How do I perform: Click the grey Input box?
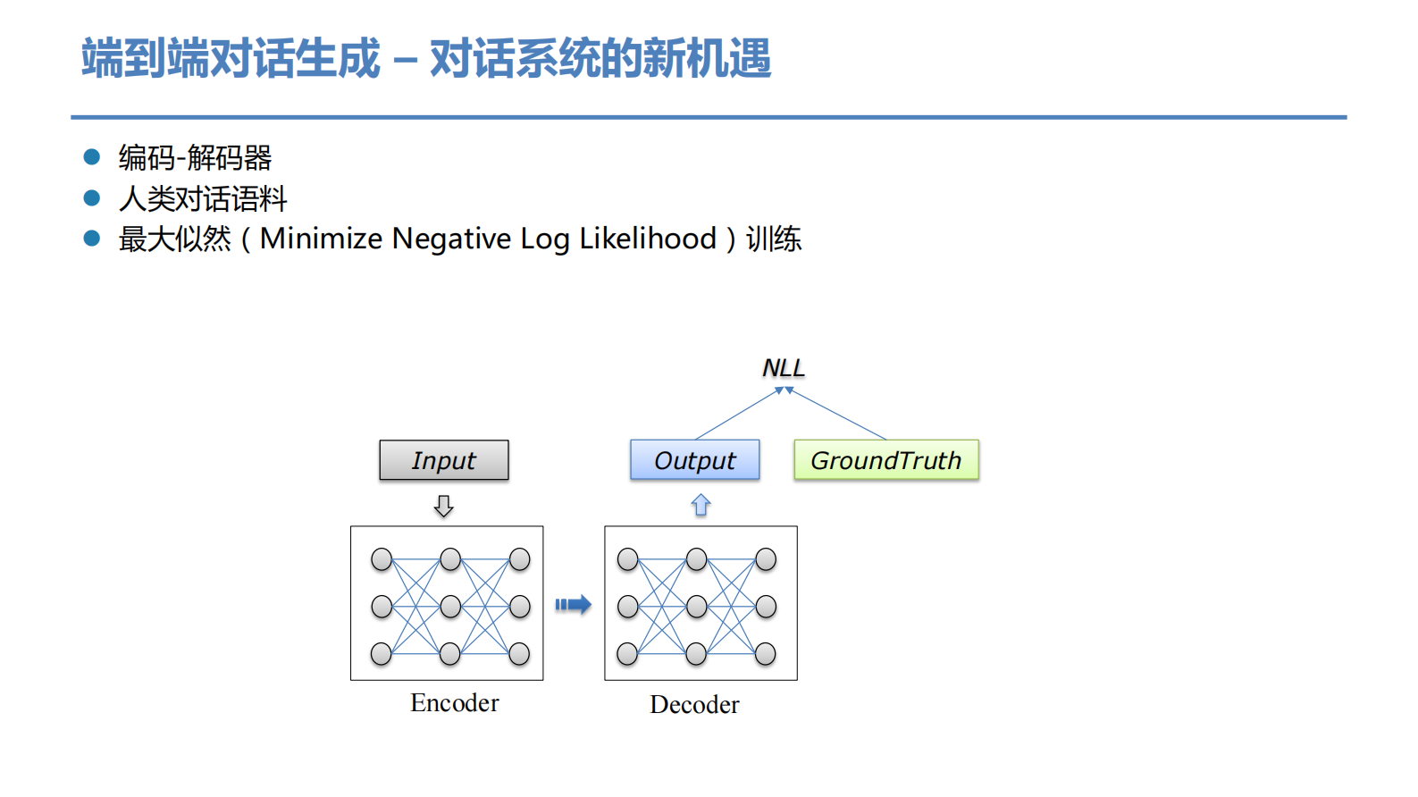click(x=444, y=460)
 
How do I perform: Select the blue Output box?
click(x=695, y=460)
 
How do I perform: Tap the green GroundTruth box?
click(x=885, y=460)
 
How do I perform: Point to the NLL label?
click(x=784, y=367)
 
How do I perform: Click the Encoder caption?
click(x=454, y=703)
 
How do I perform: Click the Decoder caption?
click(x=694, y=705)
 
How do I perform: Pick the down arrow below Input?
click(x=444, y=507)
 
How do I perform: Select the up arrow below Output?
click(x=701, y=506)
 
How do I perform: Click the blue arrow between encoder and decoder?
click(x=573, y=605)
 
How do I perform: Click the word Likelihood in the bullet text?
click(x=648, y=239)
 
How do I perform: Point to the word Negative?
click(x=451, y=239)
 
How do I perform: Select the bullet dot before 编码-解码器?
click(x=91, y=157)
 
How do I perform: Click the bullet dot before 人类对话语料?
click(x=91, y=197)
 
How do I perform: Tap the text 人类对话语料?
click(x=203, y=198)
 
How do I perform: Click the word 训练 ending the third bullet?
click(x=774, y=239)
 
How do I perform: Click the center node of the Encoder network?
click(x=450, y=607)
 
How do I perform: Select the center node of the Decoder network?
click(x=697, y=607)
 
